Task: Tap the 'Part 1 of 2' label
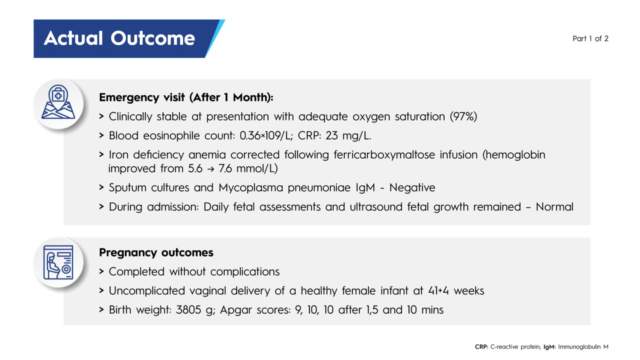click(590, 38)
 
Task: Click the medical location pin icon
click(58, 102)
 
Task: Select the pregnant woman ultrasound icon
click(58, 262)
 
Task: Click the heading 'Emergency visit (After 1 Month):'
click(186, 97)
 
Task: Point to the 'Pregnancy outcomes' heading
click(156, 252)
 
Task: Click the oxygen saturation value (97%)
click(463, 116)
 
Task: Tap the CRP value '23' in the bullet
click(331, 135)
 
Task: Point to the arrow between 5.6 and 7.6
click(210, 169)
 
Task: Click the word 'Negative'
click(412, 187)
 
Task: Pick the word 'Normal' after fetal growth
click(554, 207)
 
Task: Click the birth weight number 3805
click(188, 310)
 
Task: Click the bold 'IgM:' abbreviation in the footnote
click(549, 347)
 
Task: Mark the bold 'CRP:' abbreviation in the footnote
click(481, 347)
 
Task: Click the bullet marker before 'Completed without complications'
click(101, 271)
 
